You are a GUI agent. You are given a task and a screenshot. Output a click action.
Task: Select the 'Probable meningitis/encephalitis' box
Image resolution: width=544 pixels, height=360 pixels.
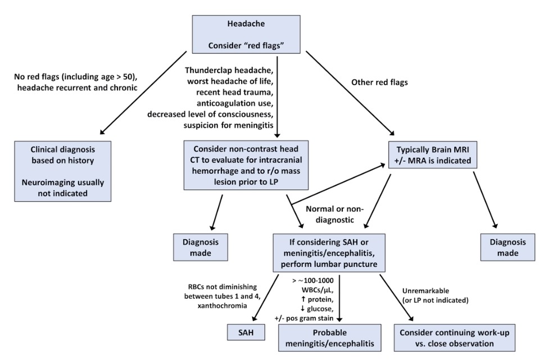click(327, 339)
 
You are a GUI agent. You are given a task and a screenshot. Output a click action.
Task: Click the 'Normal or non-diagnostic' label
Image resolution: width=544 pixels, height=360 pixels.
click(330, 214)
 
